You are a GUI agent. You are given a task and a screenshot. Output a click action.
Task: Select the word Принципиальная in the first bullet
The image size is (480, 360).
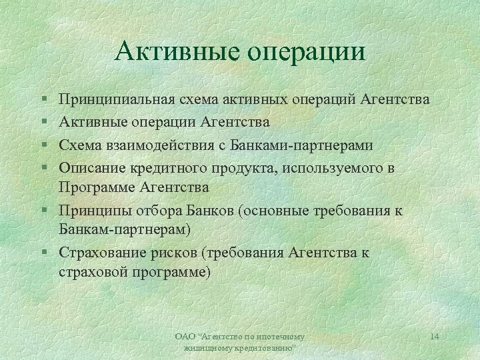[116, 101]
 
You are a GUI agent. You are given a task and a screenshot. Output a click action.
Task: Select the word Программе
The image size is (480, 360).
[96, 188]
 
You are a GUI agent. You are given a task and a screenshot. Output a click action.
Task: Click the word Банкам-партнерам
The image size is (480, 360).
[123, 231]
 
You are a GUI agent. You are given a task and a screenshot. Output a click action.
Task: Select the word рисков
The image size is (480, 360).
[178, 253]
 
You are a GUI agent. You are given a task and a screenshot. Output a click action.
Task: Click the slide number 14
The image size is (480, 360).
[435, 337]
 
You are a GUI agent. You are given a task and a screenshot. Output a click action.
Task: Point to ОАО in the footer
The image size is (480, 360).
[183, 337]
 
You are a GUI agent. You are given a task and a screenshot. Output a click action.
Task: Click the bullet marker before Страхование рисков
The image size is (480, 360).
[43, 253]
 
